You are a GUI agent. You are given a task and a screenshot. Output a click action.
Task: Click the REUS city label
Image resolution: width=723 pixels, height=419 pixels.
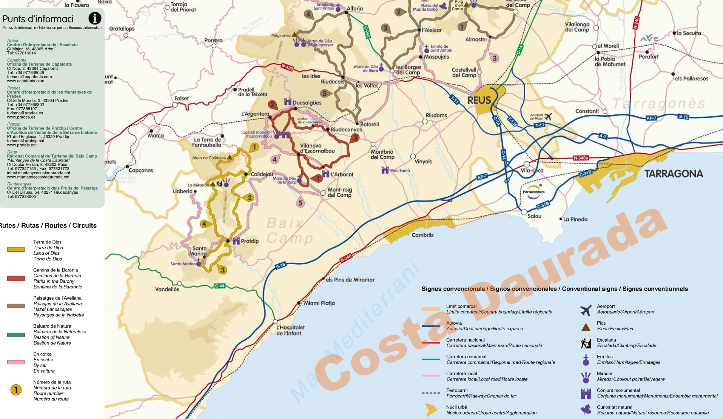pyautogui.click(x=479, y=100)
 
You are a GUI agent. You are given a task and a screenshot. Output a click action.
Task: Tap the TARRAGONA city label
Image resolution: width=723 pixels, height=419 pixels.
pyautogui.click(x=674, y=174)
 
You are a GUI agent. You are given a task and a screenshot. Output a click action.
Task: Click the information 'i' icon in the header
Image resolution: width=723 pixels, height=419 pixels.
pyautogui.click(x=95, y=18)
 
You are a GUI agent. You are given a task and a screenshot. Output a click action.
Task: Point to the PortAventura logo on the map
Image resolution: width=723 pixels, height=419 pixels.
pyautogui.click(x=533, y=190)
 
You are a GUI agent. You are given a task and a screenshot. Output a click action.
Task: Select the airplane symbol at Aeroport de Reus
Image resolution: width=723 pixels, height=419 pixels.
pyautogui.click(x=548, y=117)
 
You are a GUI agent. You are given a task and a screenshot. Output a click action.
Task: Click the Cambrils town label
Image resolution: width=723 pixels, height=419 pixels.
pyautogui.click(x=422, y=235)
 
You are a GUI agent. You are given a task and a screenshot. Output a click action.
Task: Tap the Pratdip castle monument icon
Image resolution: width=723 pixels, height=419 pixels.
pyautogui.click(x=236, y=241)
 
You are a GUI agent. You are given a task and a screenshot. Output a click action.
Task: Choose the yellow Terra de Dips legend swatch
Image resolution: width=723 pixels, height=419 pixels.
pyautogui.click(x=16, y=250)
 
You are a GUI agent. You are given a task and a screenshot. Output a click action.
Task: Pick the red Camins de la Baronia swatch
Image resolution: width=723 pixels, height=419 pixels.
pyautogui.click(x=16, y=279)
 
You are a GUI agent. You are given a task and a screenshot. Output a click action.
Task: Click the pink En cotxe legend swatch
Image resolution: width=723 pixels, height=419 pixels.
pyautogui.click(x=16, y=362)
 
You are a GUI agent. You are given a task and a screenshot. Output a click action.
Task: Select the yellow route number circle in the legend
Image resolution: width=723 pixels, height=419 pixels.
pyautogui.click(x=16, y=390)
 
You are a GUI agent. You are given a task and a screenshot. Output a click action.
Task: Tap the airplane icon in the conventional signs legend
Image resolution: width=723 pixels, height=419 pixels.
pyautogui.click(x=586, y=310)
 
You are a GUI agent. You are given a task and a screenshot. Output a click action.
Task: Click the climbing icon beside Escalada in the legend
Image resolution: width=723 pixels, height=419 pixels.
pyautogui.click(x=586, y=343)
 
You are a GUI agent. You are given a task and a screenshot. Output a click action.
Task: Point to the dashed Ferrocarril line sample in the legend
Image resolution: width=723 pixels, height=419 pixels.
pyautogui.click(x=431, y=393)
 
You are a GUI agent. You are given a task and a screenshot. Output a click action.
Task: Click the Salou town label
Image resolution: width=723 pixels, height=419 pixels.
pyautogui.click(x=534, y=216)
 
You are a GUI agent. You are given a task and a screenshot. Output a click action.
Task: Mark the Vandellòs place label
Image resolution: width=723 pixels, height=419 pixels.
pyautogui.click(x=167, y=289)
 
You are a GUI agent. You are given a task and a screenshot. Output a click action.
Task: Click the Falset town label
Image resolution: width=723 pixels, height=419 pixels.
pyautogui.click(x=181, y=99)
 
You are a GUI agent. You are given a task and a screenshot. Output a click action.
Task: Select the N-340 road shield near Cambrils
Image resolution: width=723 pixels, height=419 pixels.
pyautogui.click(x=346, y=258)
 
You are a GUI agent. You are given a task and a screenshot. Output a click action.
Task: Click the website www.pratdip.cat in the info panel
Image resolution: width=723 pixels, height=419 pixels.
pyautogui.click(x=22, y=145)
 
